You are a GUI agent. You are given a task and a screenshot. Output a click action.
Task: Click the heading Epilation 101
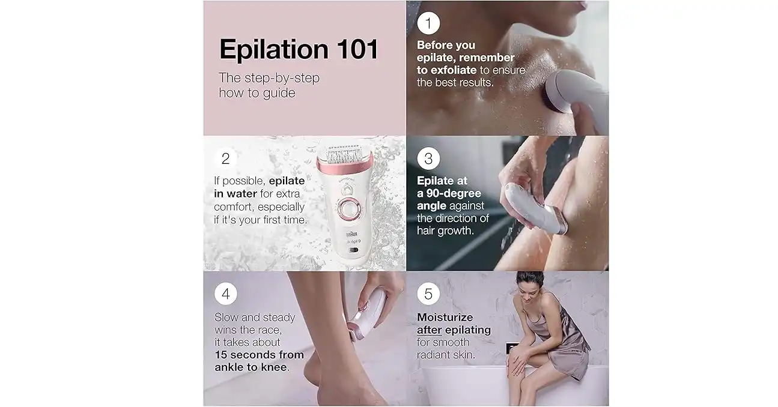(x=299, y=50)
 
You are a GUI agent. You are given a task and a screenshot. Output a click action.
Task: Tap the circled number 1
(x=428, y=23)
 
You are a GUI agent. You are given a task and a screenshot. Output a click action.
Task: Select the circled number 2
(x=226, y=158)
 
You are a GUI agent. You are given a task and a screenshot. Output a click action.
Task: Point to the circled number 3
(x=428, y=158)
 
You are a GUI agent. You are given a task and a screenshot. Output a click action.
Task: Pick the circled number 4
(x=226, y=294)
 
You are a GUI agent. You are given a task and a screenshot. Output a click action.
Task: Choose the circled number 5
(x=428, y=294)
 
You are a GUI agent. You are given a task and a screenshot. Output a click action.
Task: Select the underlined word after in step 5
(x=430, y=330)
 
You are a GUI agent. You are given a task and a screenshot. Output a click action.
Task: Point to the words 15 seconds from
(x=259, y=355)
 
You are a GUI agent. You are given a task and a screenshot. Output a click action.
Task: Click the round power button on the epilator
(x=347, y=208)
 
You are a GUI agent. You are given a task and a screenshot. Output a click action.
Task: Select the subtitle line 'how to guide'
(x=257, y=93)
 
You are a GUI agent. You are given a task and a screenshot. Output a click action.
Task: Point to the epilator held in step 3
(x=535, y=209)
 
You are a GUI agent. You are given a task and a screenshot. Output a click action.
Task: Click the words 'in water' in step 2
(x=236, y=194)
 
